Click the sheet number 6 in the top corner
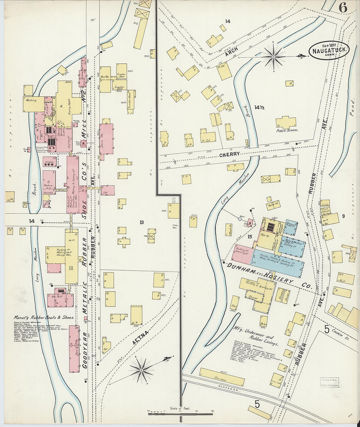click(x=342, y=7)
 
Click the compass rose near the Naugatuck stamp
click(x=274, y=57)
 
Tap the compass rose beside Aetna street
click(x=142, y=370)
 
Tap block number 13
click(x=141, y=222)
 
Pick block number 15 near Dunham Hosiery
click(x=250, y=237)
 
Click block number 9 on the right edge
click(x=343, y=216)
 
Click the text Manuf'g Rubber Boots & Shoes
click(x=44, y=317)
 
